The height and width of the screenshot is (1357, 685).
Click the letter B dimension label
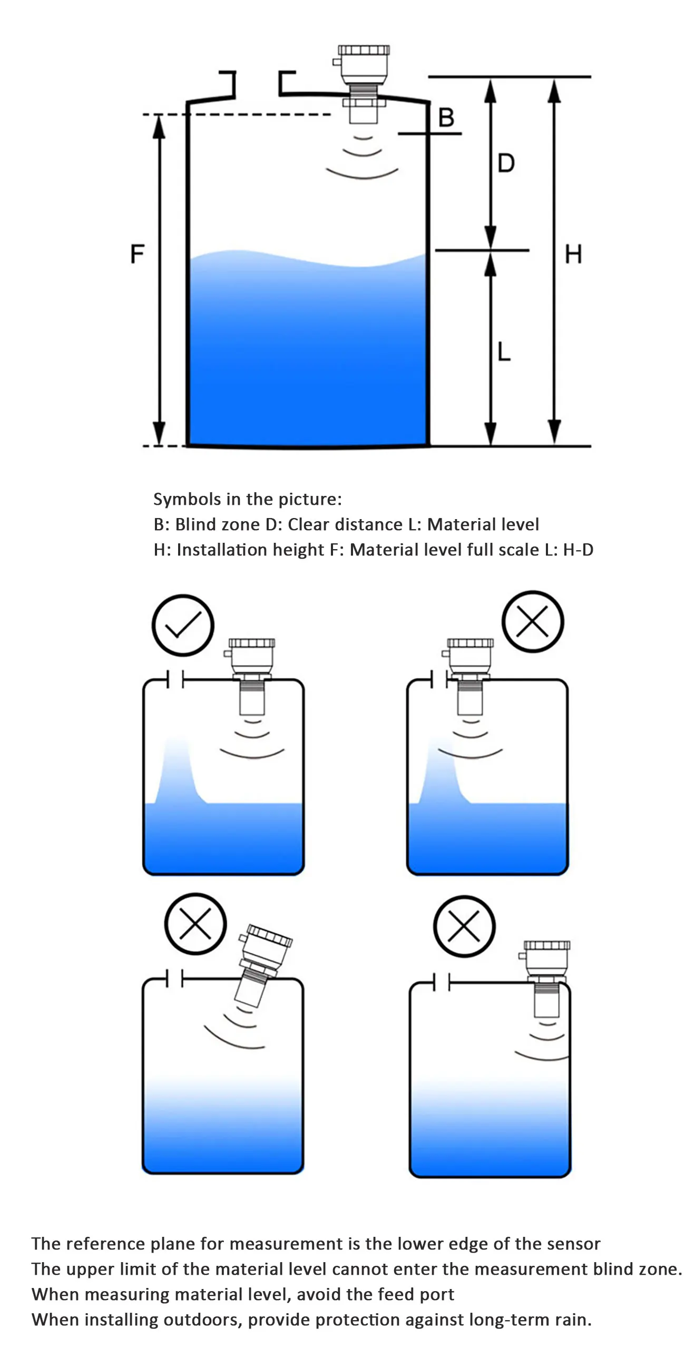point(446,117)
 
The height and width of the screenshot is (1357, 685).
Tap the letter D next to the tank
point(506,163)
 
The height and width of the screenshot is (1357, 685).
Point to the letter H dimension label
point(573,254)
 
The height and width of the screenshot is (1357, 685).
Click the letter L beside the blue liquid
point(504,351)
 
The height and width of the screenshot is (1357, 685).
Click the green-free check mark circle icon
point(183,625)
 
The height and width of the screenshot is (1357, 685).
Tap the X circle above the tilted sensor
point(195,923)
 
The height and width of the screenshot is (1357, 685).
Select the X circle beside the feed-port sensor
point(533,621)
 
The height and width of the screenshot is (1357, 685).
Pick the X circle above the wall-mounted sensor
point(464,926)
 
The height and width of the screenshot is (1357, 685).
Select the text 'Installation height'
point(250,550)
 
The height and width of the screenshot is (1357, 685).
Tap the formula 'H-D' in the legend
point(578,550)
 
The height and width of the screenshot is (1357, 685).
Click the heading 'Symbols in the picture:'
point(247,499)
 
